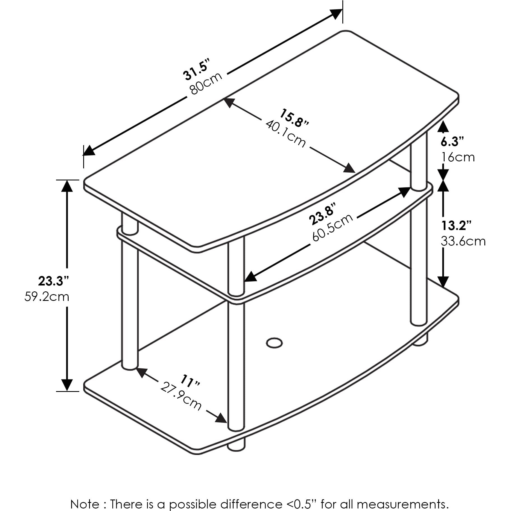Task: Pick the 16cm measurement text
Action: [458, 157]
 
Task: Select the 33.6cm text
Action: [463, 241]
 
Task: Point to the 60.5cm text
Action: [333, 227]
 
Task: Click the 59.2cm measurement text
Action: [47, 297]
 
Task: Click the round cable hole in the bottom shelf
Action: [274, 342]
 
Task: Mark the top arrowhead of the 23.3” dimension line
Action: [67, 185]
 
